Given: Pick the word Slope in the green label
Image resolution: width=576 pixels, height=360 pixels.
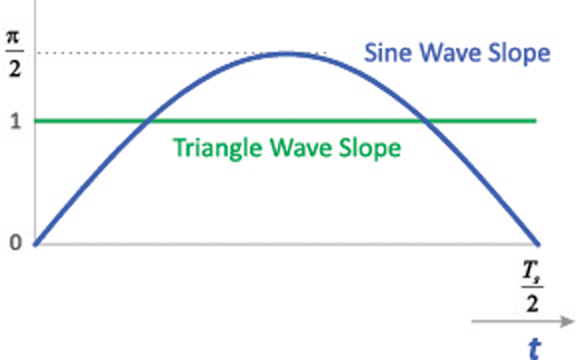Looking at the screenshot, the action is pos(369,148).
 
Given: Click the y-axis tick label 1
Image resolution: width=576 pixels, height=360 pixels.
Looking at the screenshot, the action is pos(15,121).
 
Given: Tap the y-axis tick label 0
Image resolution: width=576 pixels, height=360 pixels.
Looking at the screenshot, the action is pos(15,243).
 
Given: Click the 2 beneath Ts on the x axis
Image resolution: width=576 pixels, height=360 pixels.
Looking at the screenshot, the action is pos(532,303).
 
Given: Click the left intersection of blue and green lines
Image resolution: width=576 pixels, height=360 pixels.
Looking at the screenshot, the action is pos(147,120).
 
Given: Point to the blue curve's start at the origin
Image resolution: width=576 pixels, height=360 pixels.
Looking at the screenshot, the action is pos(35,244).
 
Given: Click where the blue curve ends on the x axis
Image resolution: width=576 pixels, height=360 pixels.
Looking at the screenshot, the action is pos(538,244).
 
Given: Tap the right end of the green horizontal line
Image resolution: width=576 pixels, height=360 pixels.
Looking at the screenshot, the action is pos(536,120).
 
